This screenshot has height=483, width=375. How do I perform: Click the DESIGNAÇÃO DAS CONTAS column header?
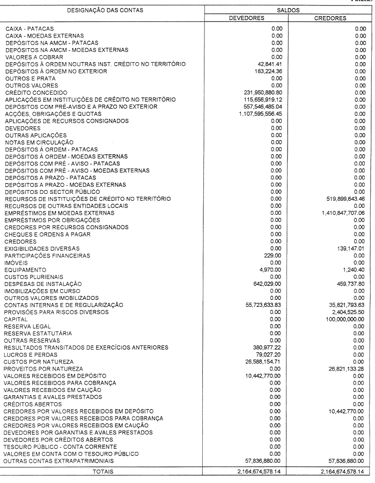[106, 10]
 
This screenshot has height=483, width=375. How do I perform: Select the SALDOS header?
[289, 10]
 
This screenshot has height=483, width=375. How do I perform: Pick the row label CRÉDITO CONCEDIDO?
[36, 93]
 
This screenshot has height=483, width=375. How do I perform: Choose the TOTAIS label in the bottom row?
[104, 472]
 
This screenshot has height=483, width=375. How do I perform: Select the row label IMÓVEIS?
[16, 262]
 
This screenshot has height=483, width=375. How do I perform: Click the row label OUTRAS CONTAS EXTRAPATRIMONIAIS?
[58, 461]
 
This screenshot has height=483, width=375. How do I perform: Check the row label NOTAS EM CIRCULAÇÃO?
[35, 142]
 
